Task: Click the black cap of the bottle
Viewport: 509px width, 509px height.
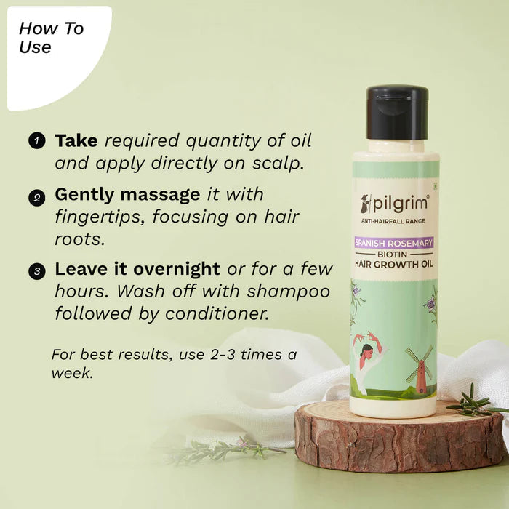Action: [396, 112]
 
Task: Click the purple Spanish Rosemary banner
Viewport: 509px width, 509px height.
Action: [394, 242]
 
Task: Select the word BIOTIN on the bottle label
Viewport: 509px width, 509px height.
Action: [394, 254]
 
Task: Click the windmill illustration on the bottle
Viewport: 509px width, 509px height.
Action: [418, 367]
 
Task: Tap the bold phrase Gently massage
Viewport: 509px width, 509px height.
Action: [127, 196]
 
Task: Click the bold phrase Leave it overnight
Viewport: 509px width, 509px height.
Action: [137, 269]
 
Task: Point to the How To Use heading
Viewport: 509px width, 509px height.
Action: [51, 38]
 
